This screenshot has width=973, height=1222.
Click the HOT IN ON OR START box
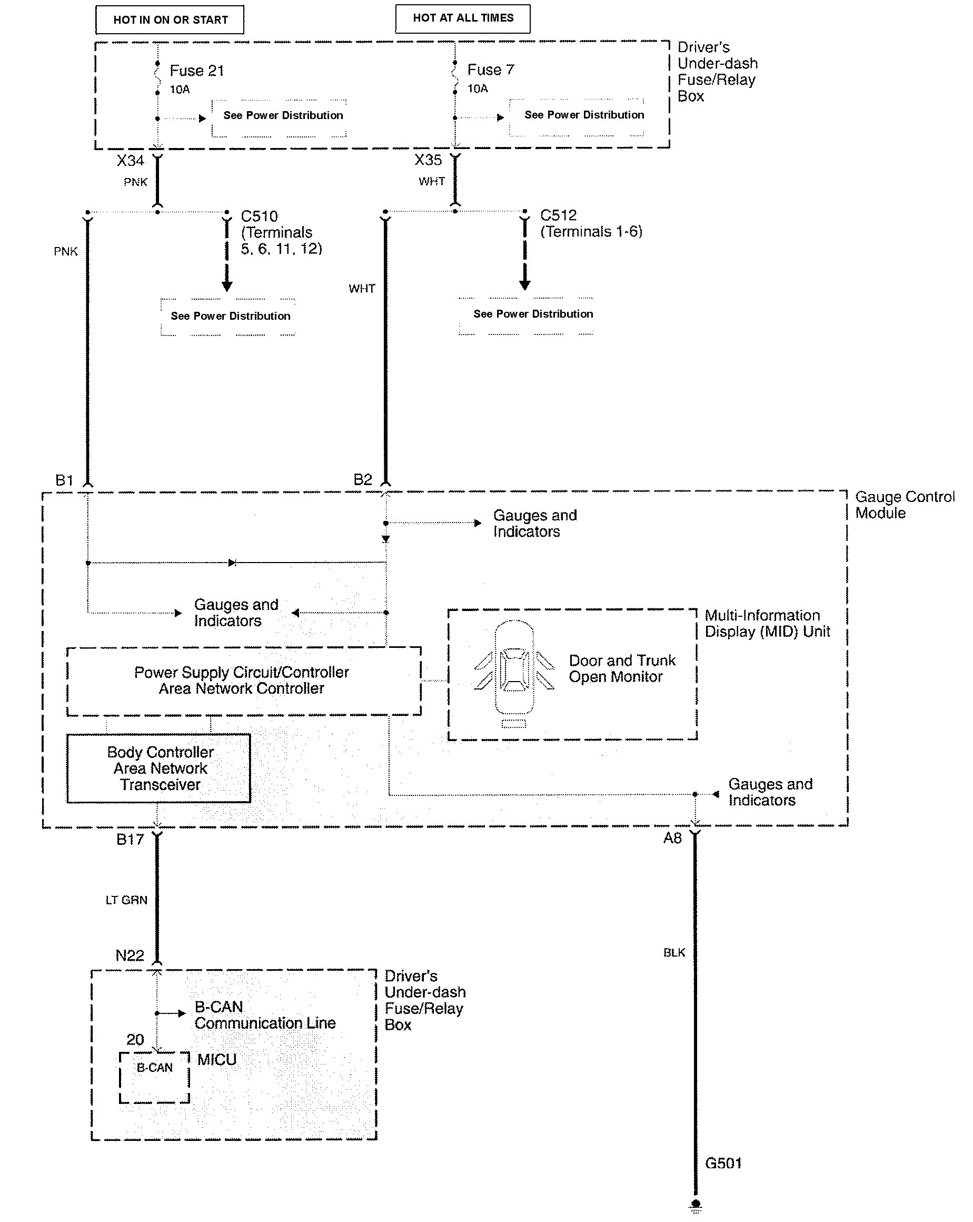tap(170, 20)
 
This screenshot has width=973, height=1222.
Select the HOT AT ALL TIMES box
tap(462, 18)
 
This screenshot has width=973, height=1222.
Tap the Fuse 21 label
tap(196, 71)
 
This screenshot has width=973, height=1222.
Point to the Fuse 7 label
tap(490, 70)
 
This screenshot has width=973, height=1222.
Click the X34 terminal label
tap(131, 161)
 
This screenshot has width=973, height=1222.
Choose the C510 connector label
tap(259, 216)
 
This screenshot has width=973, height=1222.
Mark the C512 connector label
tap(558, 215)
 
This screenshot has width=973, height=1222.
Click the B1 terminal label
tap(64, 481)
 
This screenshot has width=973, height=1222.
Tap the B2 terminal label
tap(363, 480)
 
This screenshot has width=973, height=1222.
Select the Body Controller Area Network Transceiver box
tap(158, 768)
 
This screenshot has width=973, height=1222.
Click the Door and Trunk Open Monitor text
tap(622, 669)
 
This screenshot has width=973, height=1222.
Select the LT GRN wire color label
tap(126, 900)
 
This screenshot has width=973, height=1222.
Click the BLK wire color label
tap(674, 953)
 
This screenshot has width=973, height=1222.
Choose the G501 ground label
tap(723, 1163)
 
